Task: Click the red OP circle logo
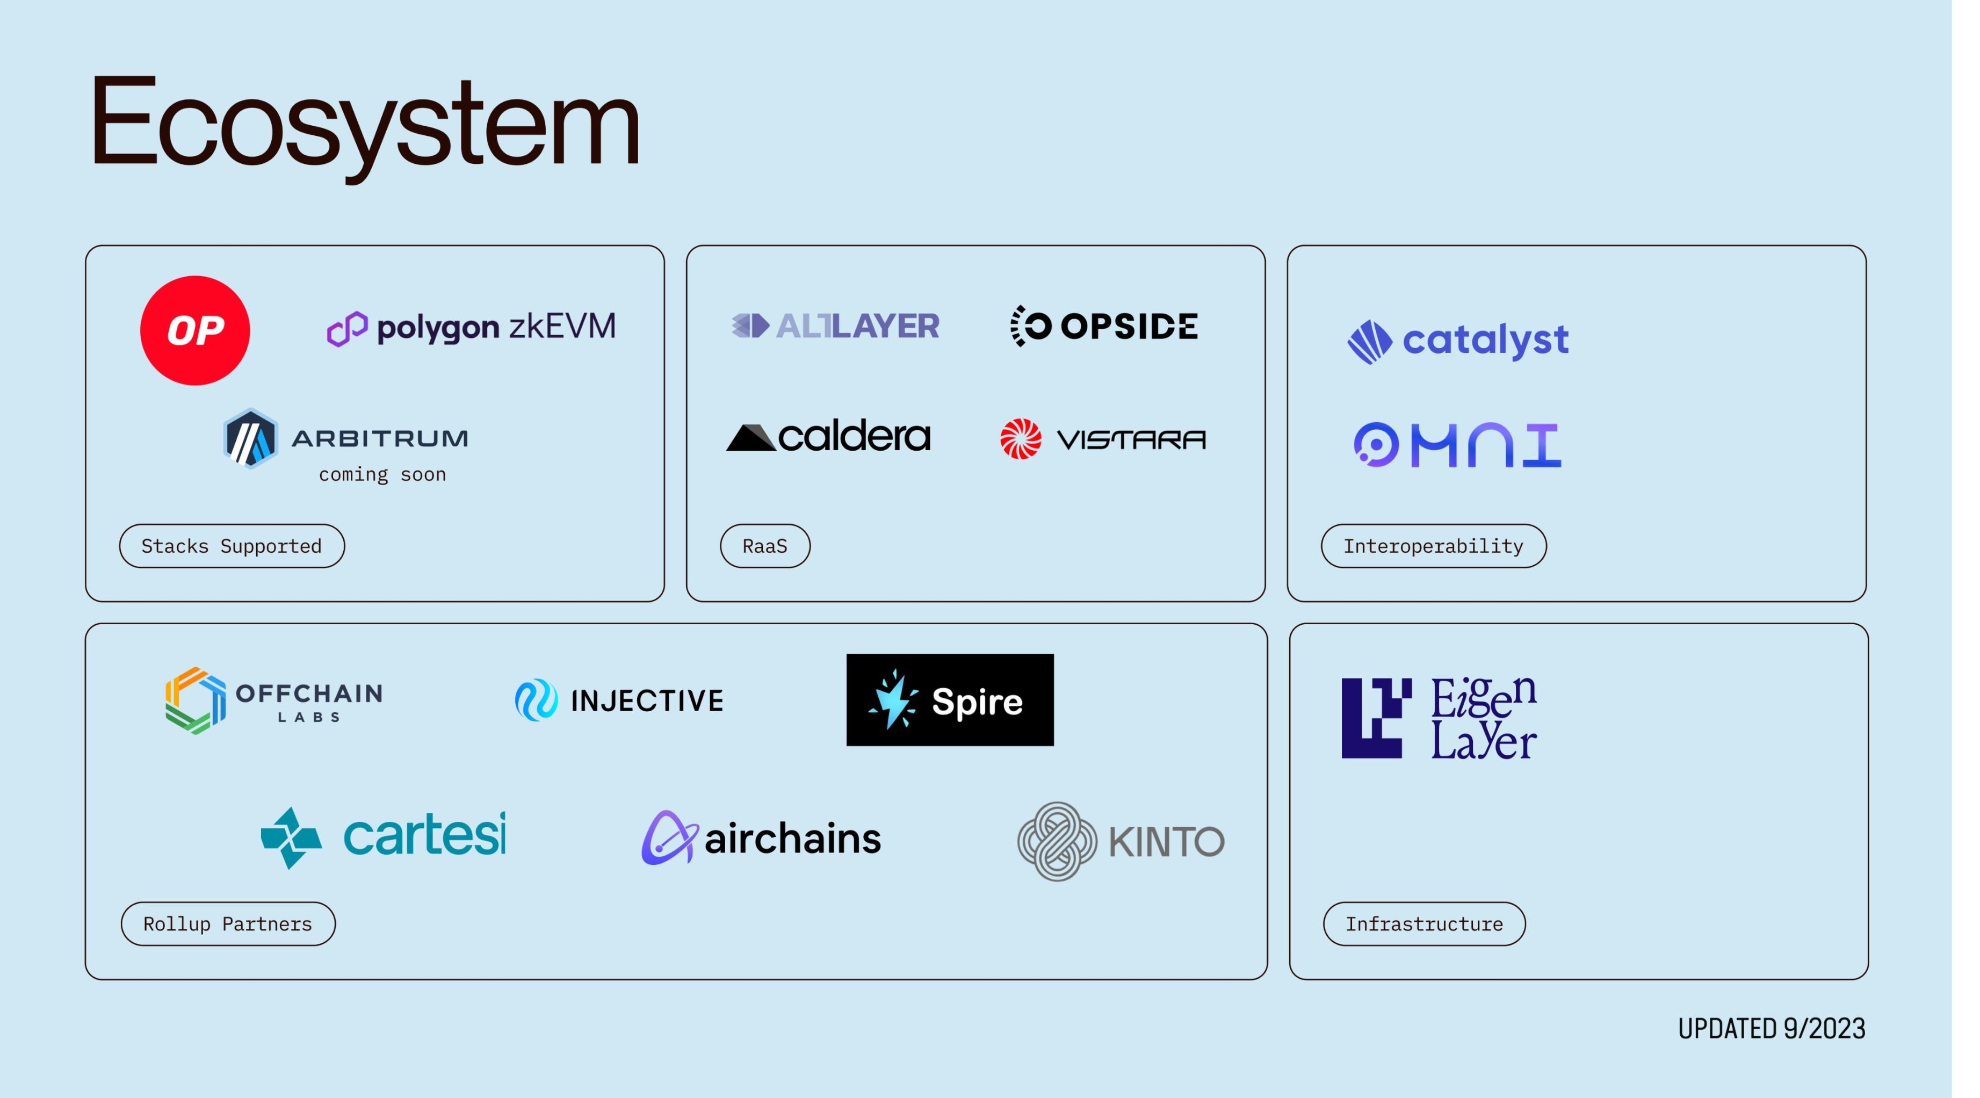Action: pyautogui.click(x=194, y=330)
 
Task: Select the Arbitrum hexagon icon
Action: pyautogui.click(x=250, y=438)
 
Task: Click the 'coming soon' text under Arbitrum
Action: pyautogui.click(x=382, y=474)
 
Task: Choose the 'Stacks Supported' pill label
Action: pyautogui.click(x=232, y=546)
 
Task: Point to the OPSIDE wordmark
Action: pyautogui.click(x=1129, y=326)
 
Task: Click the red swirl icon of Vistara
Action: pyautogui.click(x=1020, y=439)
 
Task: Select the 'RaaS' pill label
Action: pyautogui.click(x=765, y=546)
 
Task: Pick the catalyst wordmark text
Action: pyautogui.click(x=1485, y=341)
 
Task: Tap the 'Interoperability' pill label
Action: pyautogui.click(x=1433, y=546)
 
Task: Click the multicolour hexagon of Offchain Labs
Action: pyautogui.click(x=195, y=700)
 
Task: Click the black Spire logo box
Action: pyautogui.click(x=949, y=700)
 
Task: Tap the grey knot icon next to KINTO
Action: pyautogui.click(x=1057, y=841)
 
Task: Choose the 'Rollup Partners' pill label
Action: pyautogui.click(x=228, y=923)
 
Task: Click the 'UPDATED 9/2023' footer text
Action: pyautogui.click(x=1771, y=1028)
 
